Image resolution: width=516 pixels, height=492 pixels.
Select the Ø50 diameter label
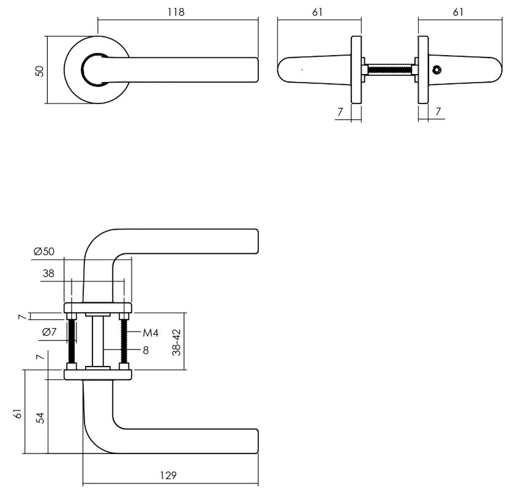(45, 252)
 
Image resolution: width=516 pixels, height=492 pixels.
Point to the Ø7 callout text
(50, 332)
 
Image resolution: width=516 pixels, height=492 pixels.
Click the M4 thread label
(151, 334)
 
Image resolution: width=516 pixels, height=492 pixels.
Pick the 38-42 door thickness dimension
(176, 342)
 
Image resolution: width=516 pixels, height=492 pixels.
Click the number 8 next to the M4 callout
(146, 351)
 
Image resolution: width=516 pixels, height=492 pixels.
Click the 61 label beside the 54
(18, 414)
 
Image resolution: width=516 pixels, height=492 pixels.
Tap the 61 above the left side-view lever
(317, 12)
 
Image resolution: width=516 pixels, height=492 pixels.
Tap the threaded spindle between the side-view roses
(390, 69)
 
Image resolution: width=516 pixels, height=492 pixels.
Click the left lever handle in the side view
(312, 69)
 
